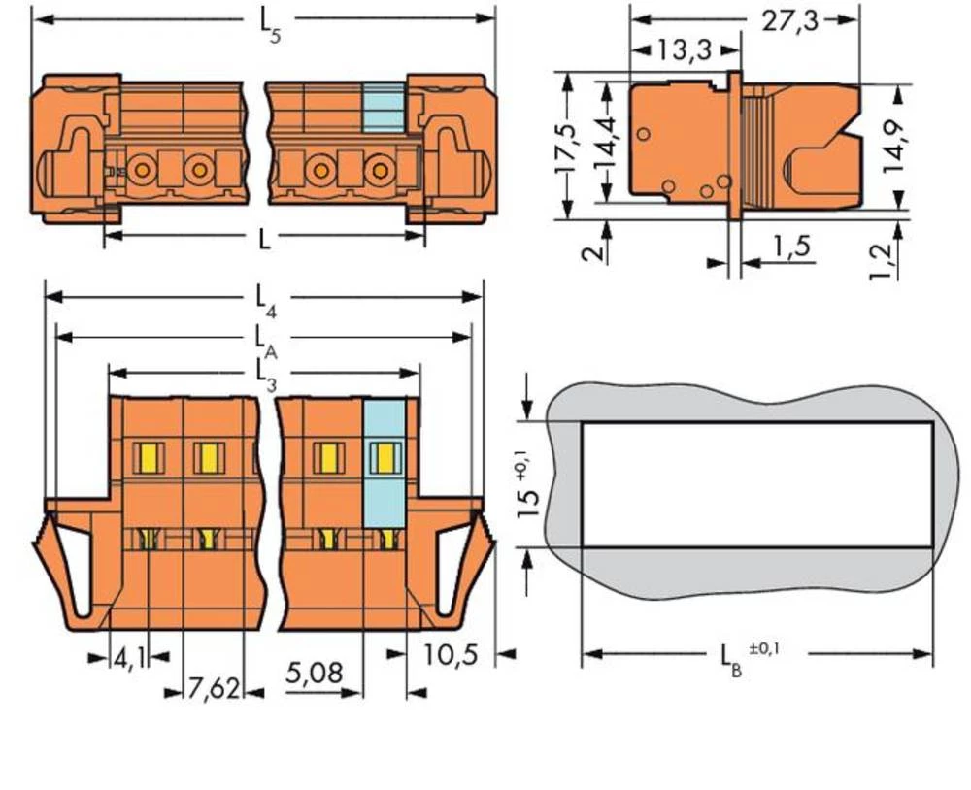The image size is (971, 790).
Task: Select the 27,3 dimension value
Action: (x=787, y=21)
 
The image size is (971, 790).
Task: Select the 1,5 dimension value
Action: (x=791, y=248)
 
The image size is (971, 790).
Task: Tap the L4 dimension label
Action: (x=265, y=300)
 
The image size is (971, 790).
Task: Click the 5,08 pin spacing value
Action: (x=316, y=673)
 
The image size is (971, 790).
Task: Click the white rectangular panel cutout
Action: (x=757, y=484)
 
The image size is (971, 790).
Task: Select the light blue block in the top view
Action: (x=383, y=108)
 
